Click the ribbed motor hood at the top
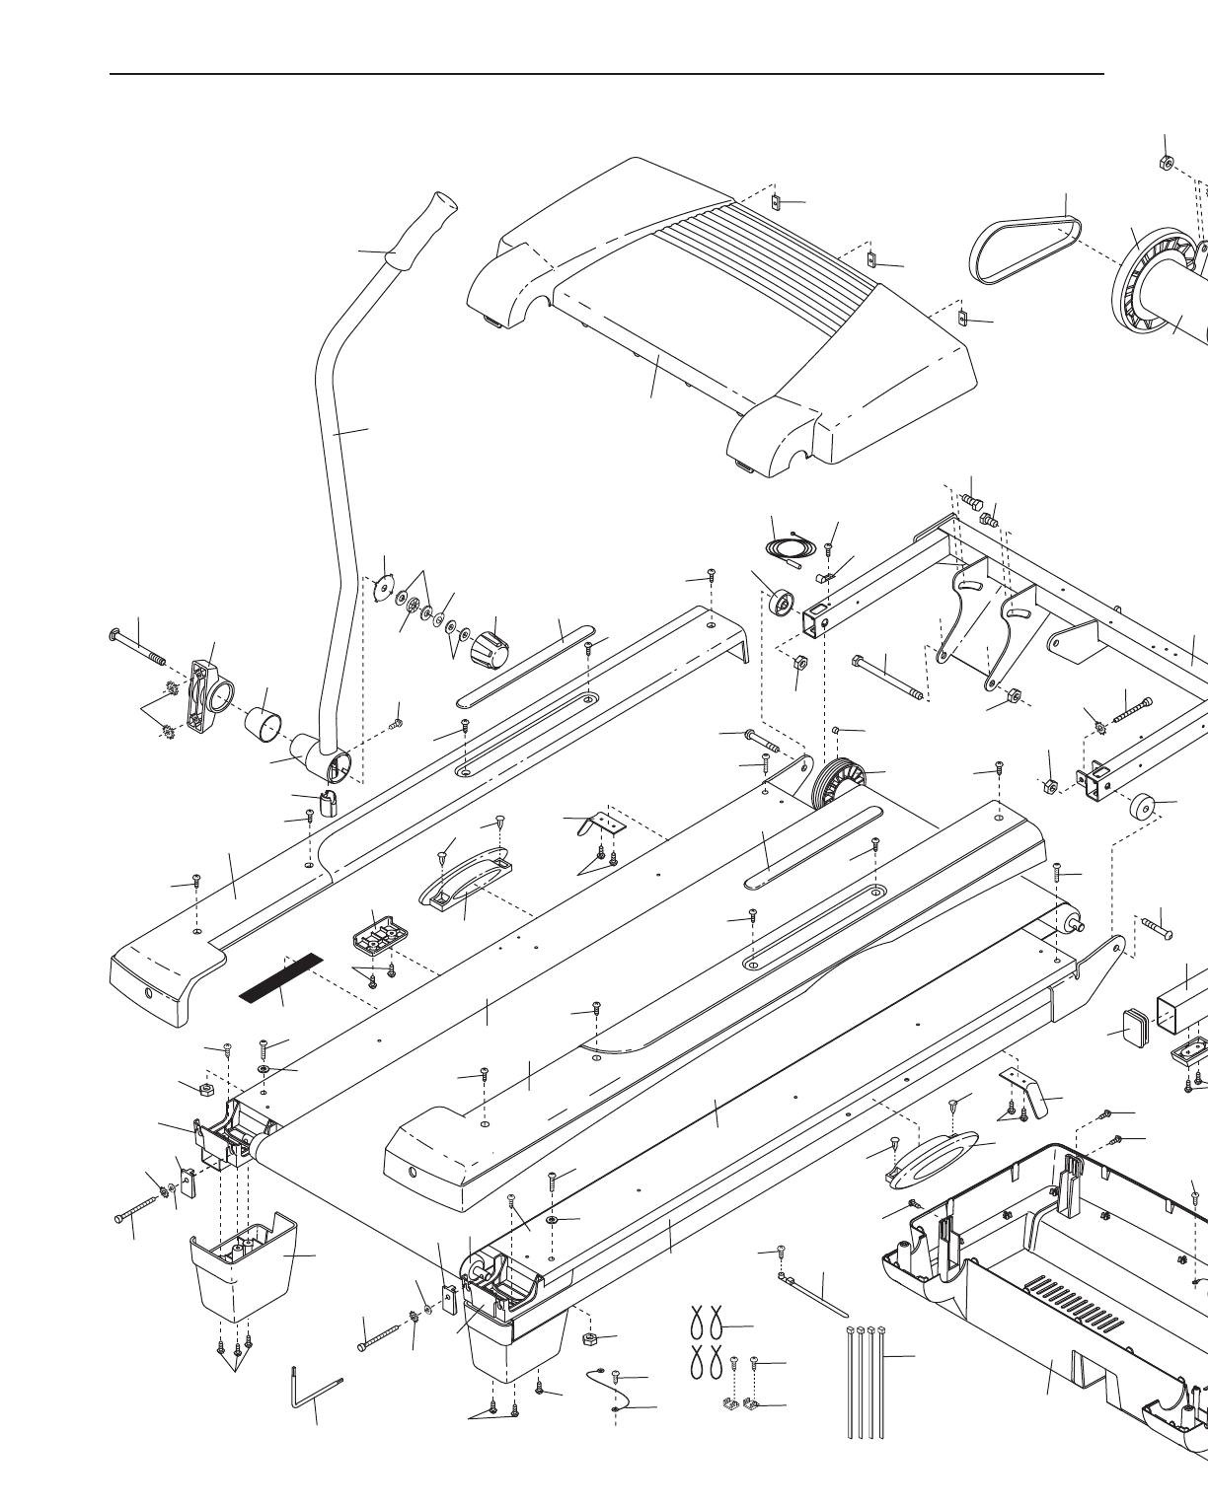[x=720, y=316]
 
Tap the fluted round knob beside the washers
[x=486, y=651]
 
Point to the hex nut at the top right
[x=1164, y=162]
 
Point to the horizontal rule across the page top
[x=606, y=74]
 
